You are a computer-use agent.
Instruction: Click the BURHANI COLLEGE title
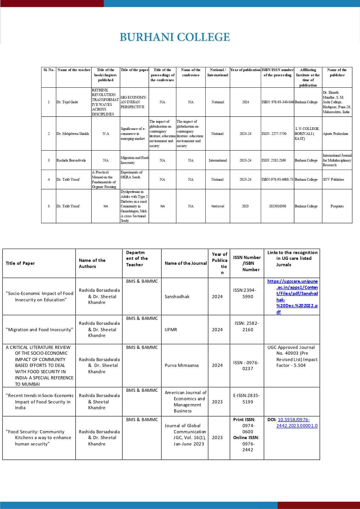[x=175, y=37]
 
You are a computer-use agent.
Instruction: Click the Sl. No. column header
[x=49, y=70]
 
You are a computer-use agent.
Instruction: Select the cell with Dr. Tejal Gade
[x=67, y=102]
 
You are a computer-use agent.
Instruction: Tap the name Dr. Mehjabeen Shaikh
[x=73, y=134]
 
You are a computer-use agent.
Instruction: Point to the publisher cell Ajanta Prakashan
[x=335, y=134]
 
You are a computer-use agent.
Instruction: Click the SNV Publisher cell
[x=333, y=180]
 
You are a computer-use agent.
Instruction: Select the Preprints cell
[x=337, y=206]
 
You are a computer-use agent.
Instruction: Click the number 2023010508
[x=277, y=206]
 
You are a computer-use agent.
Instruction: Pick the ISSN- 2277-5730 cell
[x=274, y=134]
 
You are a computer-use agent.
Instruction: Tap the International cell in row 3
[x=218, y=160]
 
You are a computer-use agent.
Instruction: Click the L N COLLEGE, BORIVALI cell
[x=307, y=134]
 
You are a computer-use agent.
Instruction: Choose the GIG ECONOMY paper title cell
[x=134, y=102]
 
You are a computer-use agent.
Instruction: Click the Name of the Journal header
[x=186, y=263]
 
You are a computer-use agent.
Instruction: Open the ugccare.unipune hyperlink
[x=293, y=296]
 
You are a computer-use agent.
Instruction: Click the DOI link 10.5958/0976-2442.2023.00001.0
[x=297, y=423]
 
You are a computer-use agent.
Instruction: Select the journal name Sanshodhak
[x=177, y=297]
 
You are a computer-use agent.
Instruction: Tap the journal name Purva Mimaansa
[x=182, y=365]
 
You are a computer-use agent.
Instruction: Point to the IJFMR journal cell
[x=171, y=330]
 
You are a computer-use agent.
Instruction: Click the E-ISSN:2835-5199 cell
[x=247, y=398]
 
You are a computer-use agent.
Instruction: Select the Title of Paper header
[x=20, y=263]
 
